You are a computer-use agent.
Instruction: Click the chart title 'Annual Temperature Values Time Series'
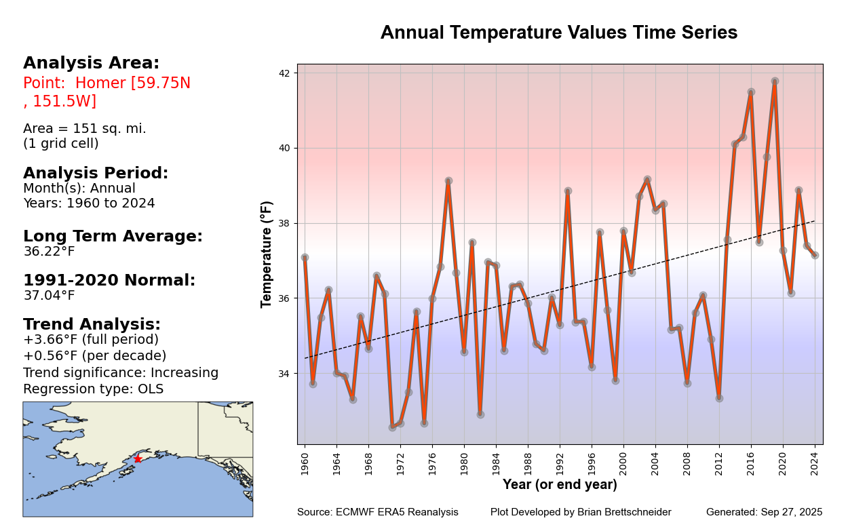(558, 33)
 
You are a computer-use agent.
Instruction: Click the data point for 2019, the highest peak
(775, 81)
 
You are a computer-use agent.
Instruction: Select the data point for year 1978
(448, 181)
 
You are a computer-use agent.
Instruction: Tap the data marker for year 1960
(305, 258)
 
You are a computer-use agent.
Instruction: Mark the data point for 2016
(751, 92)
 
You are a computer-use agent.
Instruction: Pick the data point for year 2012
(719, 398)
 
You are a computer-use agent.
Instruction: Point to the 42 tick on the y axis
(284, 73)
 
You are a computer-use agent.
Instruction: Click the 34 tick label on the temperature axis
(284, 374)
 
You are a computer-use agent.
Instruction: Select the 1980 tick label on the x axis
(464, 461)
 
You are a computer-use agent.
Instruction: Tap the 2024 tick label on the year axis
(815, 461)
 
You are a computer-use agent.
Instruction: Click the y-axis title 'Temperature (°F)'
(267, 254)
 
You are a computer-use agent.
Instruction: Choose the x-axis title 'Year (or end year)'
(560, 485)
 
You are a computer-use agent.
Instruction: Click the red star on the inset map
(138, 459)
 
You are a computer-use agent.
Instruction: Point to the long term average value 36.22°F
(49, 252)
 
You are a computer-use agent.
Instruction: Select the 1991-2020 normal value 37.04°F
(49, 296)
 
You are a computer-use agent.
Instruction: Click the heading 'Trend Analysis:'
(92, 325)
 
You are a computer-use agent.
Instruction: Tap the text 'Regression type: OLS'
(93, 389)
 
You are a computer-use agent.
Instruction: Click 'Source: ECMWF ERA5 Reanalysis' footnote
(377, 513)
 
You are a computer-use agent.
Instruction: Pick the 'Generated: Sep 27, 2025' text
(764, 513)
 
